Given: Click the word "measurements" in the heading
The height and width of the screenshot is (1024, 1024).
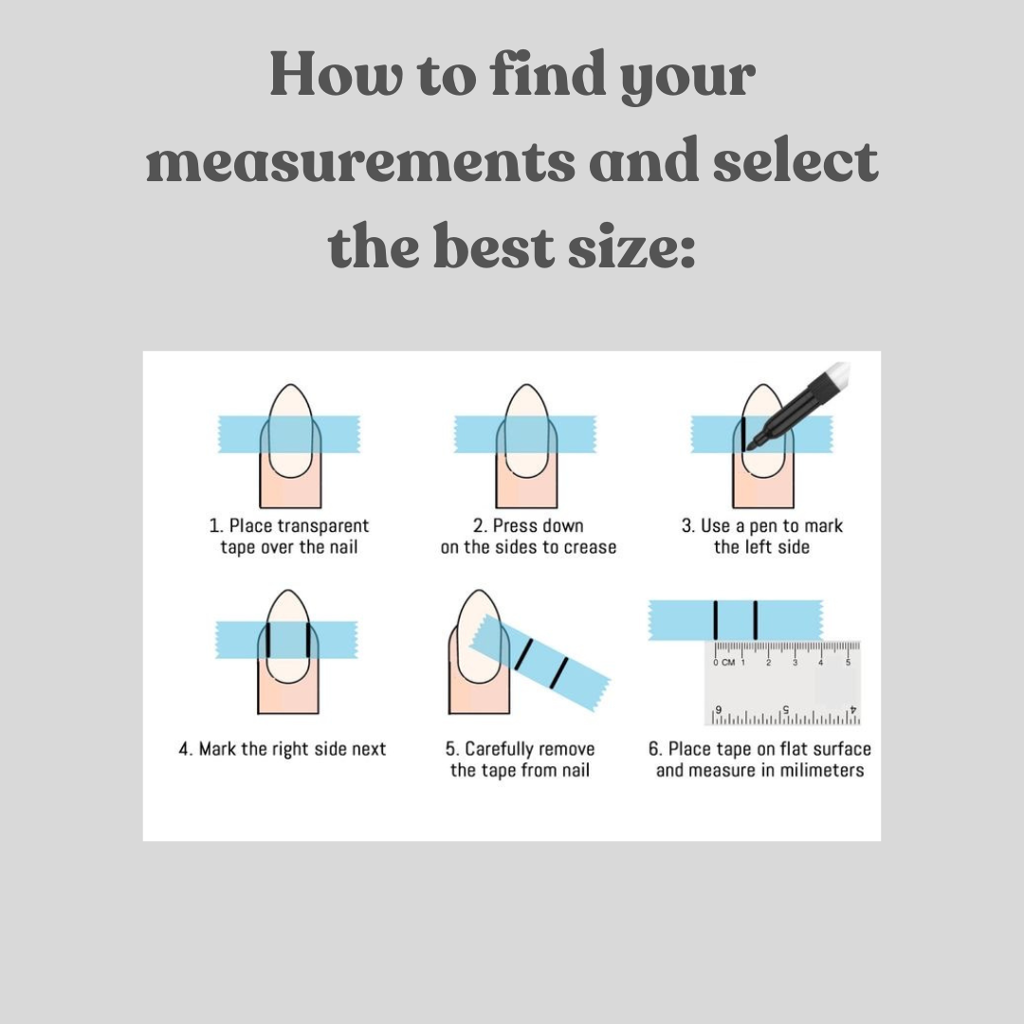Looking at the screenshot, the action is pyautogui.click(x=360, y=161).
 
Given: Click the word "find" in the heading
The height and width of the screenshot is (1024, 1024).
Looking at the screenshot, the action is pyautogui.click(x=547, y=74).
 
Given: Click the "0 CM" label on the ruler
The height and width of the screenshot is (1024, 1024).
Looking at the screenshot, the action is pyautogui.click(x=723, y=662).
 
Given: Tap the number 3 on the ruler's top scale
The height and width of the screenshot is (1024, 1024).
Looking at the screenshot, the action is pyautogui.click(x=795, y=662).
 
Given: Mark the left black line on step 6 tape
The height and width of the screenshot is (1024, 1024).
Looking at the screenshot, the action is pyautogui.click(x=716, y=620).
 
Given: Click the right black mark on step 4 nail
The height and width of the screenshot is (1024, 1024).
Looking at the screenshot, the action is pyautogui.click(x=307, y=640).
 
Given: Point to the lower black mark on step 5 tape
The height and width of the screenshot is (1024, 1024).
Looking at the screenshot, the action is pyautogui.click(x=558, y=673).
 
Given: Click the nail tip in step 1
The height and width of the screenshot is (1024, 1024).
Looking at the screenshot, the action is pyautogui.click(x=290, y=385).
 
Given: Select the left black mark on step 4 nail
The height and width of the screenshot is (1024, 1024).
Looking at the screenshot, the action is pyautogui.click(x=267, y=640).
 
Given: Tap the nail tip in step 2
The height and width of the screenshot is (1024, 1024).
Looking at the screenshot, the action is pyautogui.click(x=526, y=385).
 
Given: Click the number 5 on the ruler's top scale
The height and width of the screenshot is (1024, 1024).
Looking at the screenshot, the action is pyautogui.click(x=849, y=662).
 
